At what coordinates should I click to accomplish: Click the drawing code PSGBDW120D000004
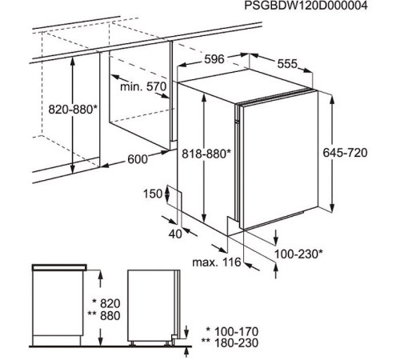tap(306, 6)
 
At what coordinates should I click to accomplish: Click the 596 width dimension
tap(214, 59)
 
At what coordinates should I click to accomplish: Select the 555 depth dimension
tap(287, 64)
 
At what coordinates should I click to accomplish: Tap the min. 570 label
tap(143, 86)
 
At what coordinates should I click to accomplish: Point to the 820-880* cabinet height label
tap(73, 110)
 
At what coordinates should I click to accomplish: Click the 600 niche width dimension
tap(138, 159)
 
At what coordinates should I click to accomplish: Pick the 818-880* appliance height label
tap(206, 154)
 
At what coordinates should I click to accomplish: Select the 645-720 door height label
tap(345, 153)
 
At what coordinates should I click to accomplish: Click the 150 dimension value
tap(153, 194)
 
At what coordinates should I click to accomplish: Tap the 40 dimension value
tap(175, 234)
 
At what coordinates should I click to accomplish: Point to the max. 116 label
tap(217, 262)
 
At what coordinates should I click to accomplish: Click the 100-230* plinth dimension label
tap(298, 254)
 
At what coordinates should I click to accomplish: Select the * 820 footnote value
tap(106, 303)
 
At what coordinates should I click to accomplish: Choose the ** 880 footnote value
tap(104, 316)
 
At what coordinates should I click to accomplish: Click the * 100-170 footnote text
tap(232, 331)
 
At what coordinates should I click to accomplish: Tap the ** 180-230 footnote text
tap(230, 342)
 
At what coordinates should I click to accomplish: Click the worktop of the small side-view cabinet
tap(59, 267)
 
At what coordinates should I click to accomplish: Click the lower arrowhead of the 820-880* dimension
tap(73, 168)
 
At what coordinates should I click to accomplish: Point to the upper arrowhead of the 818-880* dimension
tap(204, 99)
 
